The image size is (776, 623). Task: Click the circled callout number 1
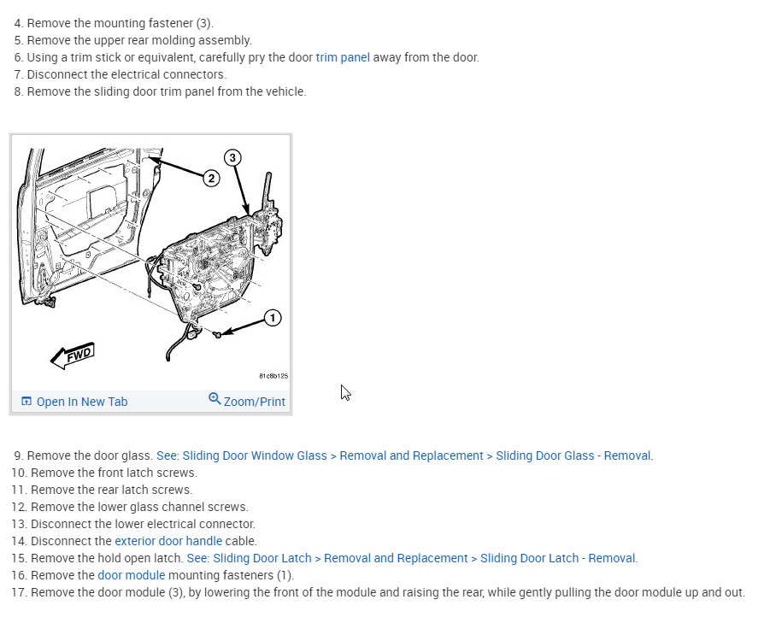coord(272,318)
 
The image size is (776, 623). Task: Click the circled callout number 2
coord(211,179)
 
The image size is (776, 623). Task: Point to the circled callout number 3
coord(232,157)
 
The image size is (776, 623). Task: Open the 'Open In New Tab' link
coord(81,402)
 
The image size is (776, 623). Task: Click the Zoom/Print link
coord(254,402)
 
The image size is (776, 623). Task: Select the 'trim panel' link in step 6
coord(343,57)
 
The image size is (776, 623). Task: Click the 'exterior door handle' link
coord(168,541)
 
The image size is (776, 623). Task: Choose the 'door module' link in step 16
coord(131,575)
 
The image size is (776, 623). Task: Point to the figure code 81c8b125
coord(273,375)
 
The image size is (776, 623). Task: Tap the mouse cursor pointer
coord(344,391)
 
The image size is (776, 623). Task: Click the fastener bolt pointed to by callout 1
coord(219,334)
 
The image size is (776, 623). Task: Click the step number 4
coord(18,23)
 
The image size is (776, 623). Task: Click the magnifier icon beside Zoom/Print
coord(215,399)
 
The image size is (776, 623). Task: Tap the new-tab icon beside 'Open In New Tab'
coord(26,402)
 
